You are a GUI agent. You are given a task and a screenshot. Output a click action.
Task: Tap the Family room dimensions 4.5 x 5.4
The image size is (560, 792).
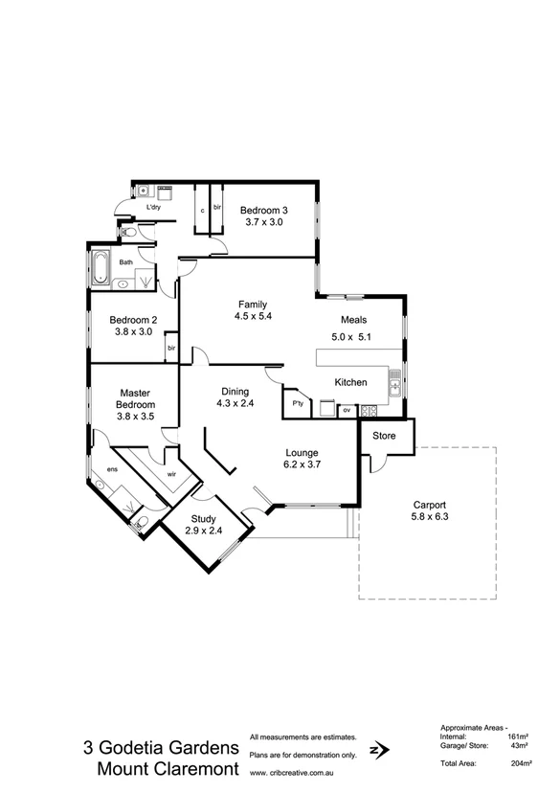(253, 317)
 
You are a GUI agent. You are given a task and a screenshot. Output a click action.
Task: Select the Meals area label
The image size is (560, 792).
(354, 321)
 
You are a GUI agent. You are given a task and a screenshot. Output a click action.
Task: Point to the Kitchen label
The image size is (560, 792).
(351, 382)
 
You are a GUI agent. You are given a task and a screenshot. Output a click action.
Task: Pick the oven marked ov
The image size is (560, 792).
(347, 410)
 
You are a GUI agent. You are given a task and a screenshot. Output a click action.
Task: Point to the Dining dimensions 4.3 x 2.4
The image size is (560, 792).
(235, 404)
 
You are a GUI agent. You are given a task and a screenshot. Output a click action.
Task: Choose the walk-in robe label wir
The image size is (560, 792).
(172, 473)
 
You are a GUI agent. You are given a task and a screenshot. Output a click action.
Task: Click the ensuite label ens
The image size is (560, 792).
(112, 468)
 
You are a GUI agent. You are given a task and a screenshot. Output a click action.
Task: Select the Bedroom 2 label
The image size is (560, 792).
(133, 320)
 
